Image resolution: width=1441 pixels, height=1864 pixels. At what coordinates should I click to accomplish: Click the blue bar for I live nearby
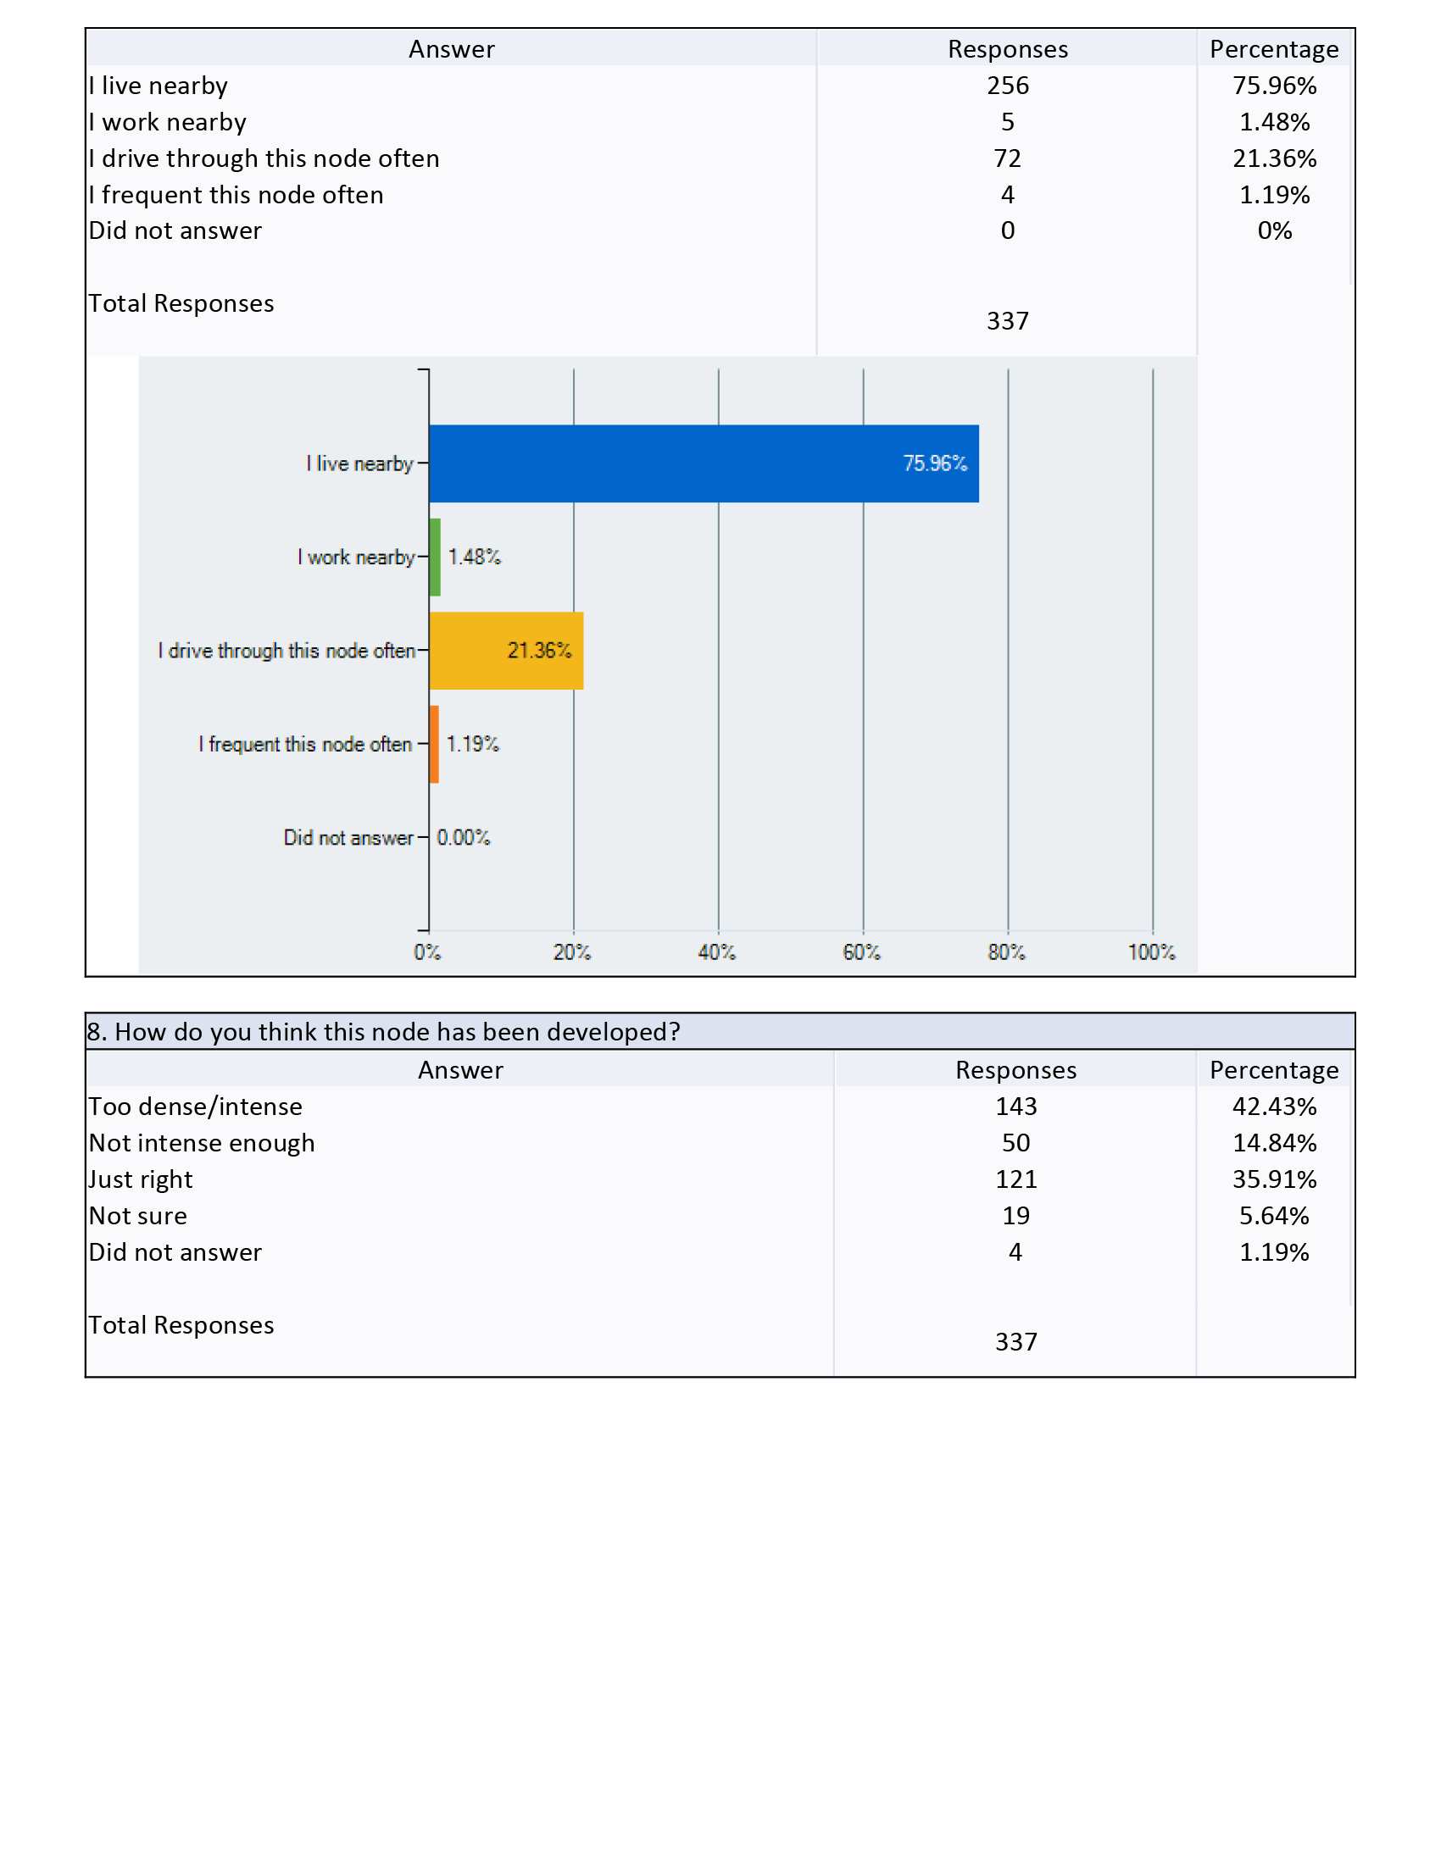(x=704, y=463)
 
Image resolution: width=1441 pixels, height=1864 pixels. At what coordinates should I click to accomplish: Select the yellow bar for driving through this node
(x=506, y=651)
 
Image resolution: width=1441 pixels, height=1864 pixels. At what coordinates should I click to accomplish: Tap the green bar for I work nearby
(x=435, y=558)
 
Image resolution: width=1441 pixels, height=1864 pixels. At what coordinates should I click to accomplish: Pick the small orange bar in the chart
(x=434, y=744)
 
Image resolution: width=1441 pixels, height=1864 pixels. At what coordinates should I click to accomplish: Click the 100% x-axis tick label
(x=1152, y=952)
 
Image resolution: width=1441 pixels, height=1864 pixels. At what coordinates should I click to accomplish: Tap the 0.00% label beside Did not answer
(x=464, y=837)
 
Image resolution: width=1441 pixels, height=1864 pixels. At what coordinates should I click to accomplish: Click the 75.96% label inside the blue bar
(x=936, y=463)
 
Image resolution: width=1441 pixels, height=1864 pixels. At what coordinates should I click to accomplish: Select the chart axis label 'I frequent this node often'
(x=306, y=744)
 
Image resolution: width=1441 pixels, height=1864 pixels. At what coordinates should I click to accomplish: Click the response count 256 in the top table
(x=1008, y=86)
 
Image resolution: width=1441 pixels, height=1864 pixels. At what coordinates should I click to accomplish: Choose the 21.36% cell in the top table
(x=1275, y=158)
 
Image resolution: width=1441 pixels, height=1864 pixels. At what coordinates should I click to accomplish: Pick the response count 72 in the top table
(x=1008, y=158)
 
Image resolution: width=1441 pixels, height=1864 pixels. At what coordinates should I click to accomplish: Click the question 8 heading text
(x=383, y=1032)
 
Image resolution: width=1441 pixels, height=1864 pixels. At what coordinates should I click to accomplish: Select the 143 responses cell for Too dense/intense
(x=1015, y=1106)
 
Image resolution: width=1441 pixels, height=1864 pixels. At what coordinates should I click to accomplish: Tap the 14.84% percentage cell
(x=1275, y=1143)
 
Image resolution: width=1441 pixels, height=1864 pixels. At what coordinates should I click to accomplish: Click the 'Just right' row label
(x=141, y=1179)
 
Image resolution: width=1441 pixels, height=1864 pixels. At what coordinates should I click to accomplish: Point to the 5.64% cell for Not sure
(x=1275, y=1215)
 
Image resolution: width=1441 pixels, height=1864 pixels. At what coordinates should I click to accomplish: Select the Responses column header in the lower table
(x=1015, y=1070)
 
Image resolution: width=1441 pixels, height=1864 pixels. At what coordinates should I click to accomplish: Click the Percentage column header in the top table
(x=1275, y=49)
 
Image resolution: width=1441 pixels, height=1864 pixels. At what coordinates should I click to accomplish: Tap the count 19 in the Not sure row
(x=1015, y=1215)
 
